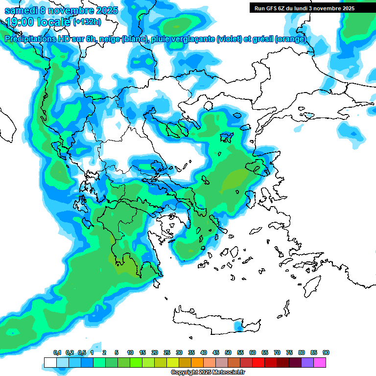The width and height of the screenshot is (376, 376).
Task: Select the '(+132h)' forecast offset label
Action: (x=87, y=22)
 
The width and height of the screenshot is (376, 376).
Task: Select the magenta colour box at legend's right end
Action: (x=320, y=363)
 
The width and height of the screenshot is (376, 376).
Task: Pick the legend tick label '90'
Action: (x=326, y=352)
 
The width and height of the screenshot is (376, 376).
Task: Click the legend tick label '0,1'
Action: (x=57, y=352)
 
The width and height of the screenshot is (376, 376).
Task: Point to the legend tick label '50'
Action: (x=228, y=352)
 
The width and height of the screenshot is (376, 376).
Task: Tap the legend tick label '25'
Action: (x=167, y=352)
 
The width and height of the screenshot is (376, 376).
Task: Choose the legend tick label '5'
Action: (x=117, y=352)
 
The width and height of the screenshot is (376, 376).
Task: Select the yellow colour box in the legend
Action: (x=173, y=363)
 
